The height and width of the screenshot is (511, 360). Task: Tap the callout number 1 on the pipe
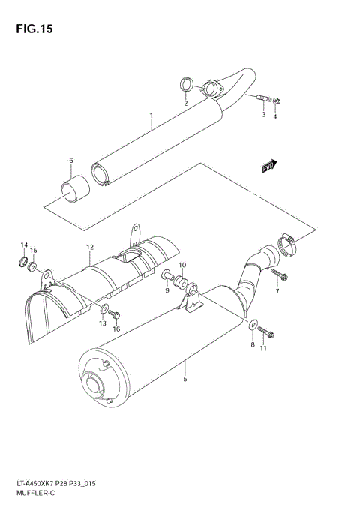click(151, 116)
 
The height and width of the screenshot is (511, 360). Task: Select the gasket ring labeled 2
click(186, 84)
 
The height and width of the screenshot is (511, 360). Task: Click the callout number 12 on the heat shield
click(89, 247)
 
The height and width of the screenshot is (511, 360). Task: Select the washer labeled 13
click(103, 309)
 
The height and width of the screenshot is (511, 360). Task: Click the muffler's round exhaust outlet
click(97, 388)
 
